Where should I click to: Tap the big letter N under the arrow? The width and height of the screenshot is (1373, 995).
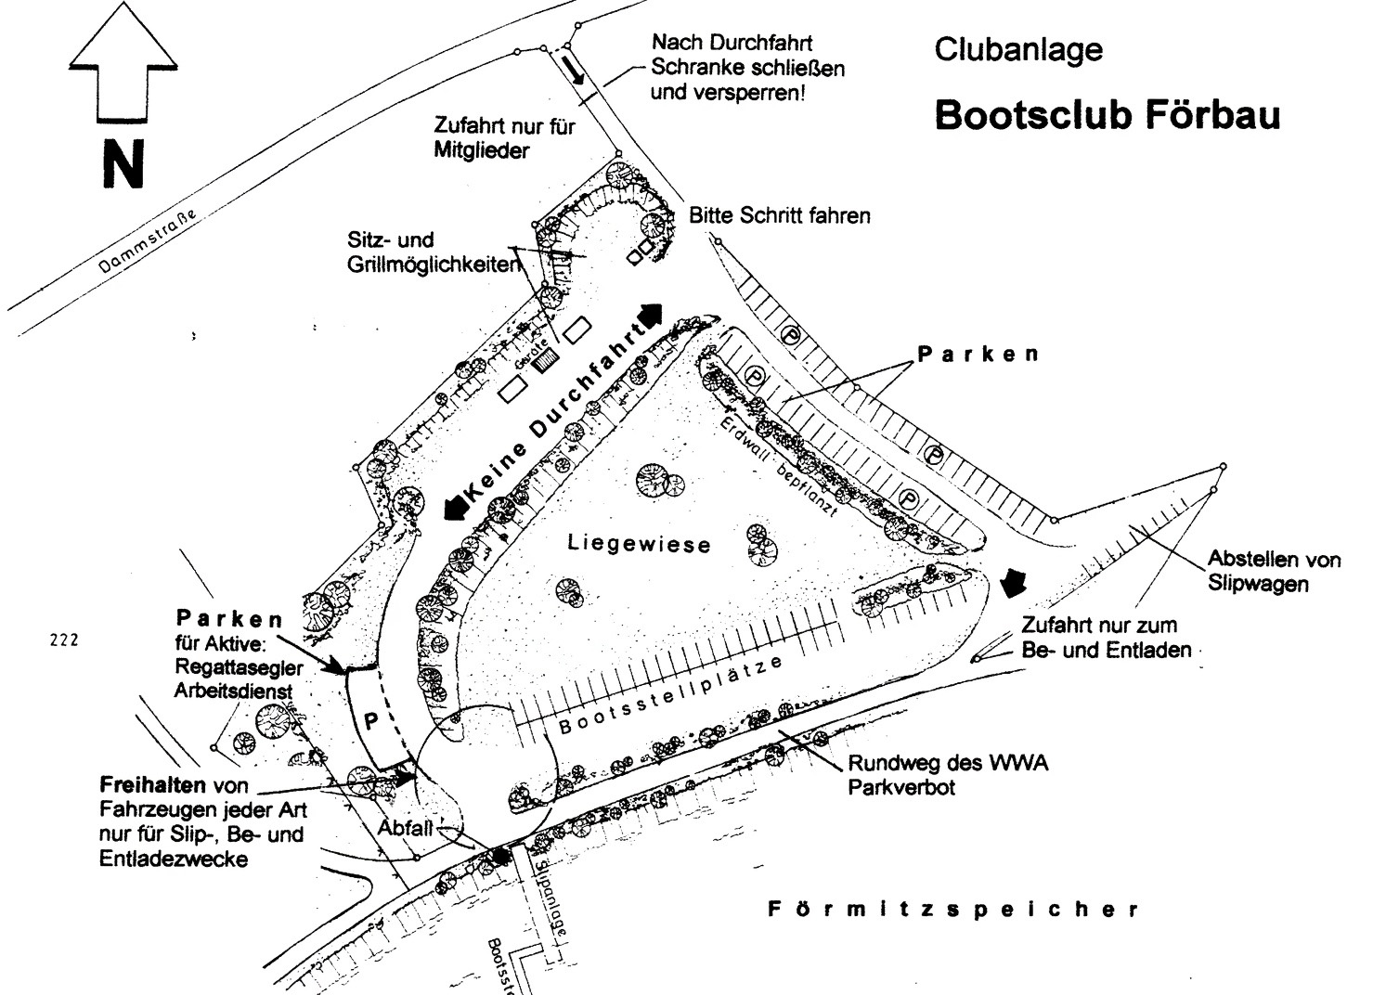click(123, 165)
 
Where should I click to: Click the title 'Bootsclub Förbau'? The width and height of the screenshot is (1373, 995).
click(1107, 115)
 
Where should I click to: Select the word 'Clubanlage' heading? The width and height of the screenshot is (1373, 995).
click(1018, 49)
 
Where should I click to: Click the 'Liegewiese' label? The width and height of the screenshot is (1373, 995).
click(639, 543)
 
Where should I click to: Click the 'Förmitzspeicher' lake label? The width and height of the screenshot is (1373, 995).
click(953, 910)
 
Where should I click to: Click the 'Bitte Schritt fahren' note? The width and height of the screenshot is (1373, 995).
click(779, 216)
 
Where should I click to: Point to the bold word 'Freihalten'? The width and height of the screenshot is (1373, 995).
click(152, 785)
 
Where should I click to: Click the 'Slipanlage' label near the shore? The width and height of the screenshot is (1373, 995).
click(550, 898)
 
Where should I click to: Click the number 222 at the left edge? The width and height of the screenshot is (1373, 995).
click(64, 640)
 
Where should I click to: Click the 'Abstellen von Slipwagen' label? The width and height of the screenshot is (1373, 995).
click(1273, 571)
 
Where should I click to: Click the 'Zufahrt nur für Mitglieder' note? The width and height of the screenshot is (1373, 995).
click(504, 138)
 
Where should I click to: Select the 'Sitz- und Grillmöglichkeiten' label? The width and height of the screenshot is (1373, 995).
click(433, 252)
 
